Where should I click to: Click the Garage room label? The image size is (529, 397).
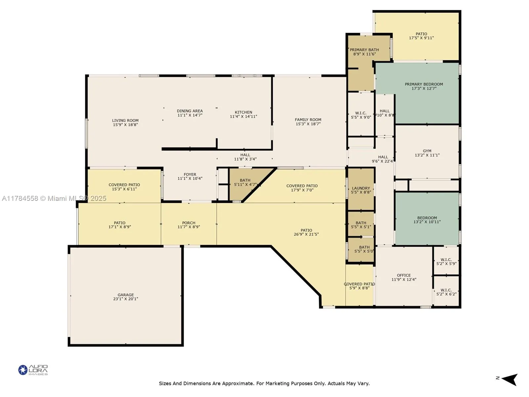(126, 295)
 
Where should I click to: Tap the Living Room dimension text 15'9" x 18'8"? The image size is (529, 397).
(125, 125)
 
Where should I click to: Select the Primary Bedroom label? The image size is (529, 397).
(424, 84)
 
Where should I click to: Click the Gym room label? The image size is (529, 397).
(427, 151)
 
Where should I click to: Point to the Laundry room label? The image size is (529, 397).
(361, 188)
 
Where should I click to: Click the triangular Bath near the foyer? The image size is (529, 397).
(245, 181)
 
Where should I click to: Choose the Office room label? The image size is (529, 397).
(404, 275)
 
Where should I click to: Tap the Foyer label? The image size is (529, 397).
(190, 174)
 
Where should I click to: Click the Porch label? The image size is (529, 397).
(189, 223)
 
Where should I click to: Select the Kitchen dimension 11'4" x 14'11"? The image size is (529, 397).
(243, 116)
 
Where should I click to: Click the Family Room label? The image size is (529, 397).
(308, 120)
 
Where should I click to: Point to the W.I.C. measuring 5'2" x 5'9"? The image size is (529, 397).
(446, 262)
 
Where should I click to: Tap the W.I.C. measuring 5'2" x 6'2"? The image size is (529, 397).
(446, 292)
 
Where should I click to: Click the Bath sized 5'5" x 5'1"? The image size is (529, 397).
(361, 225)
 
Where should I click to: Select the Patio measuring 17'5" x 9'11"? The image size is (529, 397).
(421, 36)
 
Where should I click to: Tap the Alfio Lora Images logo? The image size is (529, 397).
(33, 370)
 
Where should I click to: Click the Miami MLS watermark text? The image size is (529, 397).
(54, 198)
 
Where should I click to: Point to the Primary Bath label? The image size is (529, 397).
(364, 50)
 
